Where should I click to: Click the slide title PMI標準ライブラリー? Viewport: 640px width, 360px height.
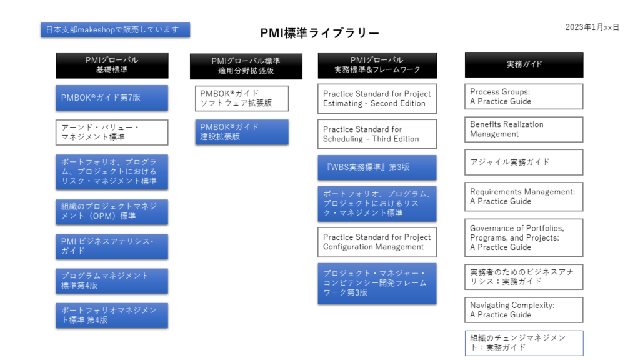click(x=319, y=33)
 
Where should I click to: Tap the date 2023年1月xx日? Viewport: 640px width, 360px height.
click(x=592, y=27)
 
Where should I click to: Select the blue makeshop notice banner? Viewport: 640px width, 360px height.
click(x=116, y=30)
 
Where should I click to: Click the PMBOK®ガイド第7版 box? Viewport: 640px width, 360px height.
click(x=112, y=97)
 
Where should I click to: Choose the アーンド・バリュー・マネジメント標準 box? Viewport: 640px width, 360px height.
click(x=112, y=132)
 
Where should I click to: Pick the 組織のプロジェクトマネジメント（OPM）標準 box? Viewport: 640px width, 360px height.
click(x=112, y=212)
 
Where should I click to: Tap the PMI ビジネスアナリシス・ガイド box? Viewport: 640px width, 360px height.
click(x=112, y=246)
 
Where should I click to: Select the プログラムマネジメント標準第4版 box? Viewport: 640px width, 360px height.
click(x=112, y=281)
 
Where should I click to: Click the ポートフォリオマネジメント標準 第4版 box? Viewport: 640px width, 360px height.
click(x=112, y=316)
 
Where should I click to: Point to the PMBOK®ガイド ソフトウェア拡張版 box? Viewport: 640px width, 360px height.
click(x=242, y=98)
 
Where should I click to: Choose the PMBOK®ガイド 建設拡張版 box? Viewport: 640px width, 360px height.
click(x=242, y=132)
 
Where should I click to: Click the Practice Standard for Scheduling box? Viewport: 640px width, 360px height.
click(x=377, y=134)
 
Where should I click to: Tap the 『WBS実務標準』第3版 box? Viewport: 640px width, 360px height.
click(x=377, y=167)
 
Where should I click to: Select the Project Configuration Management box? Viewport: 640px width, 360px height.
click(x=377, y=242)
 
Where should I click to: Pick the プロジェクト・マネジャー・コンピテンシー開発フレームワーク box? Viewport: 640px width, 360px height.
click(x=377, y=283)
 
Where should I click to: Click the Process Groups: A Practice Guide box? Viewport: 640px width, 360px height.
click(x=524, y=96)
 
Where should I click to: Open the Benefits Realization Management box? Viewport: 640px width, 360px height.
click(x=524, y=129)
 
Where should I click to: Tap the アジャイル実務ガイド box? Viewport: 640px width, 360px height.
click(x=524, y=162)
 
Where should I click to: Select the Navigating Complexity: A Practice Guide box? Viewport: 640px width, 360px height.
click(x=524, y=310)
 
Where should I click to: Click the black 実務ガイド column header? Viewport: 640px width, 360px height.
click(x=524, y=64)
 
